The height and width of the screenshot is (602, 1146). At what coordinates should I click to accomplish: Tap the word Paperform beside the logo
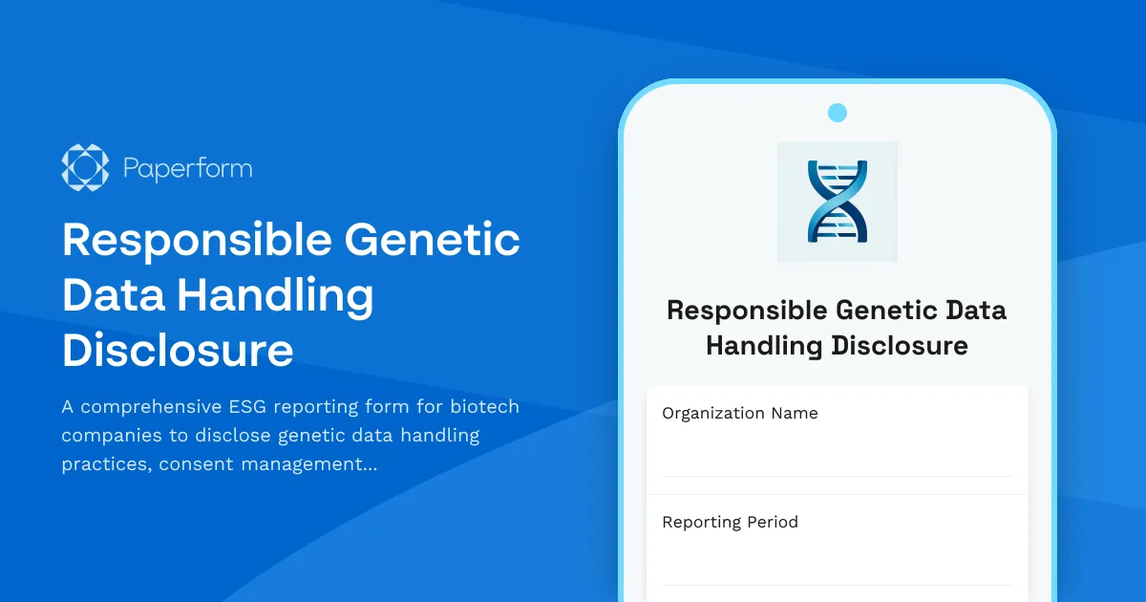click(x=188, y=169)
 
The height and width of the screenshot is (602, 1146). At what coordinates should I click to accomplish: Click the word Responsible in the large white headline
click(x=195, y=239)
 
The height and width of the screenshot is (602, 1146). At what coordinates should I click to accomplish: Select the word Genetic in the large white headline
click(x=432, y=239)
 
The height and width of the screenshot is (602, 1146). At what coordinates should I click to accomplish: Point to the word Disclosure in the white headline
click(x=178, y=351)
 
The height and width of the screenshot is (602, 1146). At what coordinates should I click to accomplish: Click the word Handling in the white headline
click(x=275, y=295)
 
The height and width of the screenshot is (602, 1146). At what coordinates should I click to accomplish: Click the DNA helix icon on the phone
click(x=837, y=201)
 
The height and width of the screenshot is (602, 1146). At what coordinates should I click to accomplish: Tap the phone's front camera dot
click(x=838, y=113)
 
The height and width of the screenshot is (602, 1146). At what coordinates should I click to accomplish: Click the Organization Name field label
click(x=739, y=414)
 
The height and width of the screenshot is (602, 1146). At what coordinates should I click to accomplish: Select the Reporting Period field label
click(x=730, y=523)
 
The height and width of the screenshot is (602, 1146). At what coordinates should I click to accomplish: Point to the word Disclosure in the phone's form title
click(x=900, y=345)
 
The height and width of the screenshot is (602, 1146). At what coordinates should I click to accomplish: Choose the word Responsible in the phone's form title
click(x=747, y=311)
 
